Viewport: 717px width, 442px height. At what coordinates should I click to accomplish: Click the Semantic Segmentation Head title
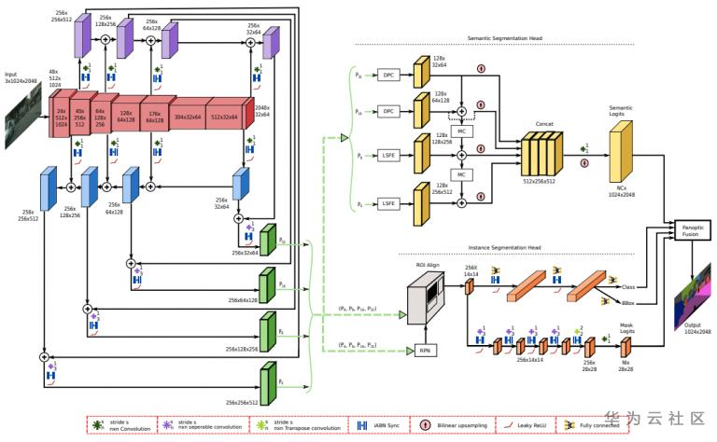click(504, 39)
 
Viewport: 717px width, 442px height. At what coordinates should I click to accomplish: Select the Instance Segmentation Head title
click(504, 247)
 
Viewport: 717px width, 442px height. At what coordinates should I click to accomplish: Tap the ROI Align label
click(427, 267)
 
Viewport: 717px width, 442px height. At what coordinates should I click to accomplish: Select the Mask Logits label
click(627, 329)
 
